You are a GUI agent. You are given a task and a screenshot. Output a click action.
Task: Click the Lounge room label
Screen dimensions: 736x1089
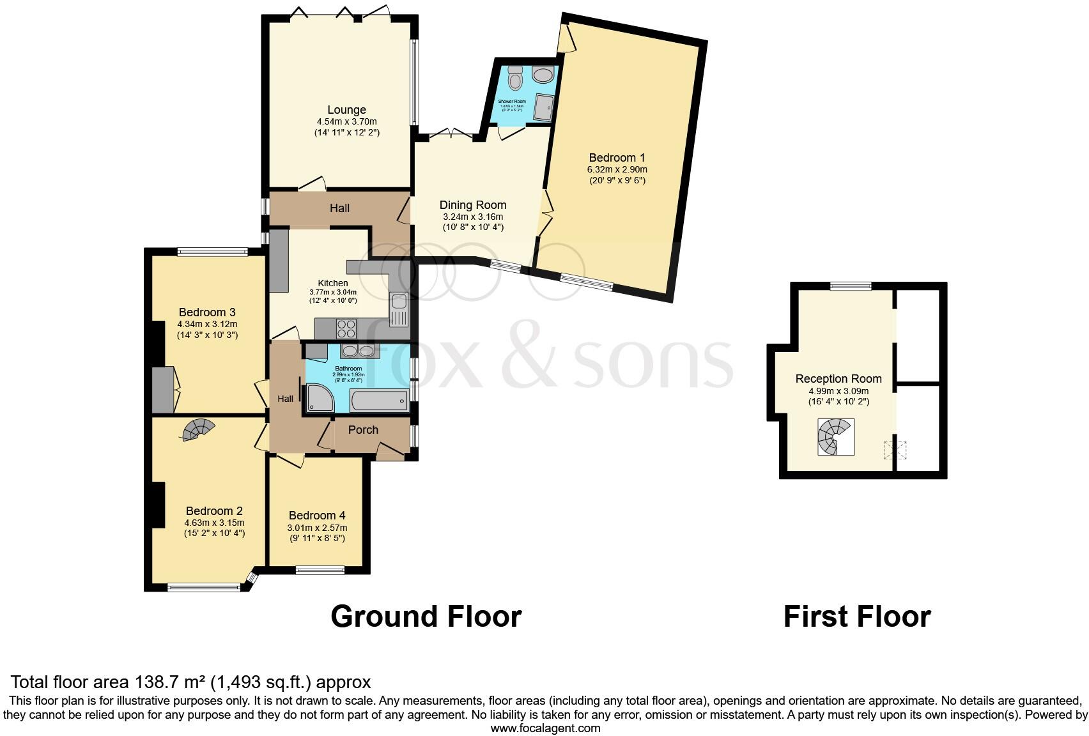(x=347, y=110)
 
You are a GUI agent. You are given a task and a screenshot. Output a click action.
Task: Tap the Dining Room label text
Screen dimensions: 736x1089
(x=473, y=205)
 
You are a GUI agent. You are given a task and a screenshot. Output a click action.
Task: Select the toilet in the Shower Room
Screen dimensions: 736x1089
(x=515, y=80)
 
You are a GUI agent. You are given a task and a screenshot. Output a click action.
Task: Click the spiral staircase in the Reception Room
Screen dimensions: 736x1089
(x=835, y=437)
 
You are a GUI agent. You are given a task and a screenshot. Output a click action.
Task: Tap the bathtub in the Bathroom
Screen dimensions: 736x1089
(x=379, y=401)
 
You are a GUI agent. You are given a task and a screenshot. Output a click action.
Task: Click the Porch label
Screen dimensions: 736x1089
(x=363, y=430)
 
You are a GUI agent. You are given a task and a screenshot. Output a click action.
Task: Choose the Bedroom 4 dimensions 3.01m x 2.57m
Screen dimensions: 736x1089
(x=317, y=528)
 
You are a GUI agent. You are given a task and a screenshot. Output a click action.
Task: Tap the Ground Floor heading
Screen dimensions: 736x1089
(x=426, y=617)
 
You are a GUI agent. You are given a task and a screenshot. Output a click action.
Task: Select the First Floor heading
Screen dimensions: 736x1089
(x=856, y=617)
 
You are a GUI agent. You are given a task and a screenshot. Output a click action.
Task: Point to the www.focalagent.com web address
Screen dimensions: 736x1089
(x=545, y=728)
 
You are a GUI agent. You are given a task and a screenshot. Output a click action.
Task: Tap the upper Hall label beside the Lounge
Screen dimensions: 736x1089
(x=339, y=208)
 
